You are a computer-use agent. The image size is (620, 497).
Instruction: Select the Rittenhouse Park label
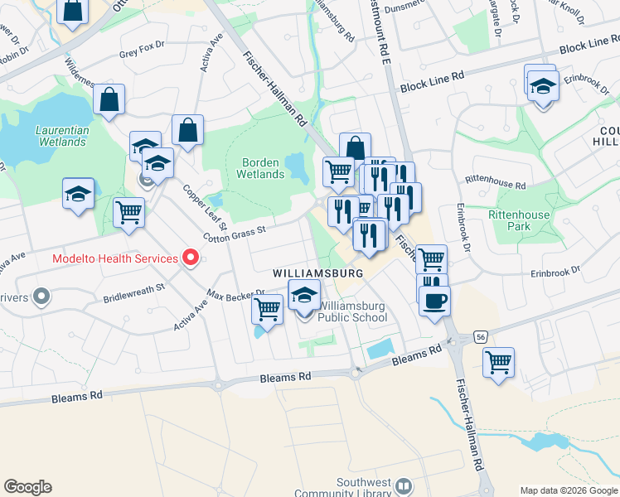(519, 220)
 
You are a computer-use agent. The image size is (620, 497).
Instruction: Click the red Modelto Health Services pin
(191, 258)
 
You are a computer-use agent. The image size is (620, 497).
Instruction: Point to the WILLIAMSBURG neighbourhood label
(319, 273)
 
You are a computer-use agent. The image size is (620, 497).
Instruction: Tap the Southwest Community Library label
(364, 488)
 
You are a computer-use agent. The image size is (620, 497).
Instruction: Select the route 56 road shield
(481, 337)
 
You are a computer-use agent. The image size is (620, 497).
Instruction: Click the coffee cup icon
(434, 300)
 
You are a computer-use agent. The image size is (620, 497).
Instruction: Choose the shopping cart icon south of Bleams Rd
(498, 361)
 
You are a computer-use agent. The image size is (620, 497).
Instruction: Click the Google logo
(27, 487)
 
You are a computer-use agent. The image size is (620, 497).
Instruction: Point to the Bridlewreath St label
(134, 293)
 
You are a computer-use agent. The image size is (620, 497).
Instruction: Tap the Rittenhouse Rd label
(496, 180)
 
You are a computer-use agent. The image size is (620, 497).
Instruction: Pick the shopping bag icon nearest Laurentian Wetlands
(109, 99)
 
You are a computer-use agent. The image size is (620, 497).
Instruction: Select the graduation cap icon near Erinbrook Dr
(543, 87)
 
